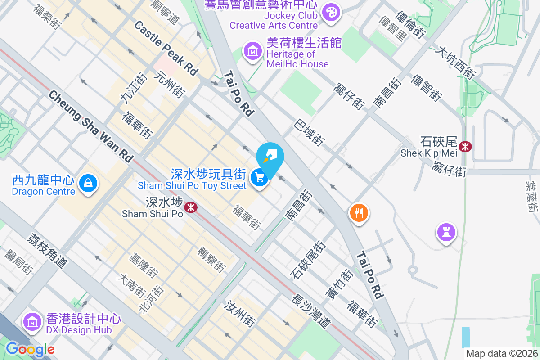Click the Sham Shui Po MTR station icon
191,207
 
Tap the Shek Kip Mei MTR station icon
465,146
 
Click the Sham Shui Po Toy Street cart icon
259,177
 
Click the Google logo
30,349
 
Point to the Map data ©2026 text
501,353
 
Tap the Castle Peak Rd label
166,48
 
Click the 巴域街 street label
310,132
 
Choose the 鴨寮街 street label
211,260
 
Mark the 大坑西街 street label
455,63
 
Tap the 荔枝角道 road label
47,251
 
